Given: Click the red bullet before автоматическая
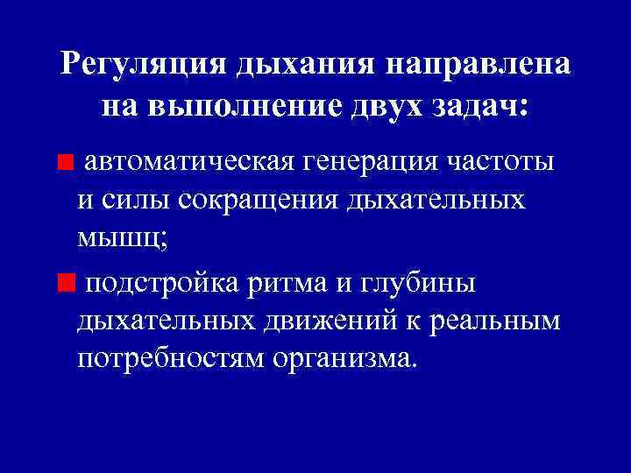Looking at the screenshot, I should [64, 163].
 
